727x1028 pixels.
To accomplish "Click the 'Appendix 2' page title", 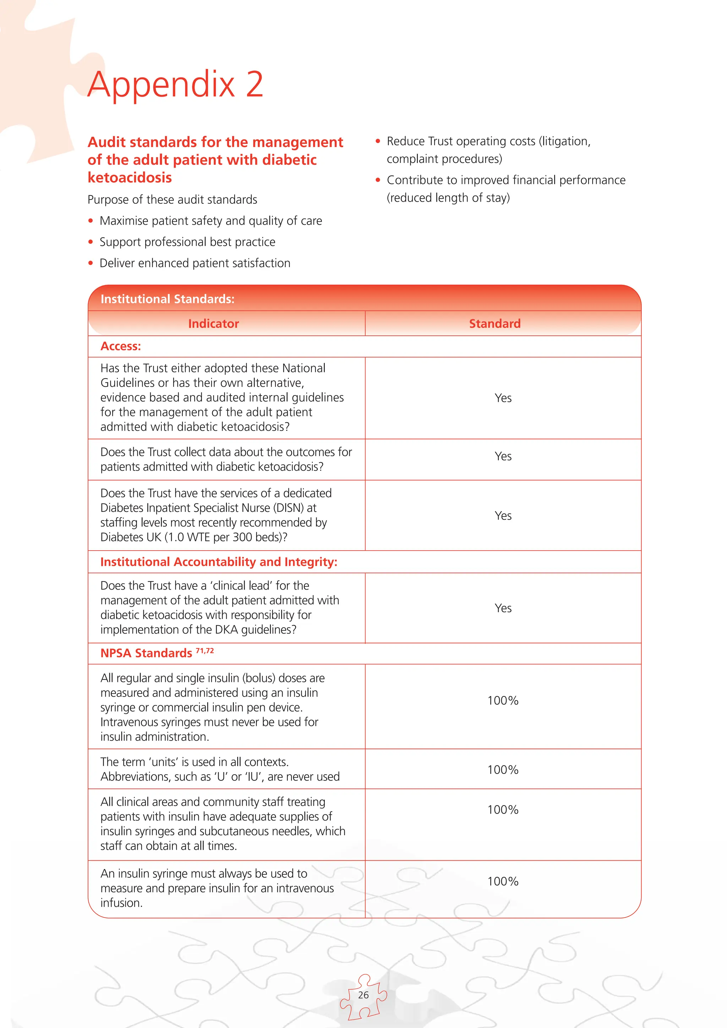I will pos(175,84).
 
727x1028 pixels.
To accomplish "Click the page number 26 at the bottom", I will pos(363,995).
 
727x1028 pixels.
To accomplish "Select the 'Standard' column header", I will pos(494,324).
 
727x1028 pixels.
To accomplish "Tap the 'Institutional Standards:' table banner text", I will pos(168,299).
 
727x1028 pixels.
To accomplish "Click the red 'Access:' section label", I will pos(120,346).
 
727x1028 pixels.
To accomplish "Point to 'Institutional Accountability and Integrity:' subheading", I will pos(218,562).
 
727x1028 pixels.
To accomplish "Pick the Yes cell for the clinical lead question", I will pos(503,608).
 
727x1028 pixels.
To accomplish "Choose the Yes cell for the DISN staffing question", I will pos(503,516).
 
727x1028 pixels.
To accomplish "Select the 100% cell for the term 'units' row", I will pos(503,770).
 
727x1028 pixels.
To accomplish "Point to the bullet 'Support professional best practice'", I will pos(187,242).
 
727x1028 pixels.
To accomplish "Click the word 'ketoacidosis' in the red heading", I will pos(130,178).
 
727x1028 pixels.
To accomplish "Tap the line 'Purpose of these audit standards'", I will pos(173,200).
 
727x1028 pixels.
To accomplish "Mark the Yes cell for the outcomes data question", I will pos(503,456).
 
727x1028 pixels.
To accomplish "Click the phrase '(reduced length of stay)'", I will pos(448,198).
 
